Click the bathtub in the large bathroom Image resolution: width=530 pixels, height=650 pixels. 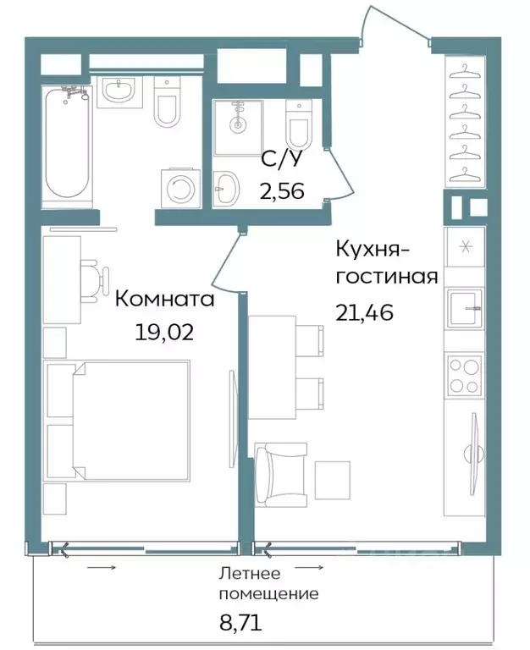pos(66,143)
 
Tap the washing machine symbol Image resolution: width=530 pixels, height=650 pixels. pos(179,187)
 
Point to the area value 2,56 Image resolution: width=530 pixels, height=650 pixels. pos(282,190)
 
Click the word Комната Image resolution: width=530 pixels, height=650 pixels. pos(164,299)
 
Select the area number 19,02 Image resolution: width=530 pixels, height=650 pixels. pos(164,330)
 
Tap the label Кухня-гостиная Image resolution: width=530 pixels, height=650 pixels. pos(386,263)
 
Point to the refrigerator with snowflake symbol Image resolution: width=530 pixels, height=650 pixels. pos(464,246)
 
